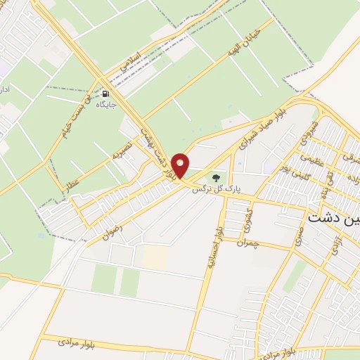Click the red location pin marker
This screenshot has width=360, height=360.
(x=181, y=165)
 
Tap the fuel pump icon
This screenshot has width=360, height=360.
(x=106, y=94)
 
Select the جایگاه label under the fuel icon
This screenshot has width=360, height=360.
(x=106, y=104)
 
